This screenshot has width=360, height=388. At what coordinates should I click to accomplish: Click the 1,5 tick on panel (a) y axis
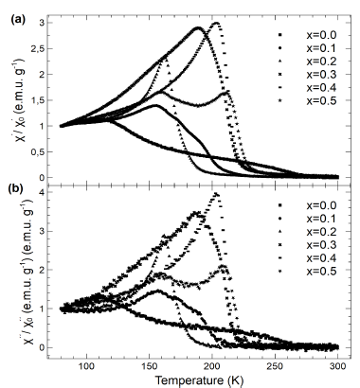[40, 99]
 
